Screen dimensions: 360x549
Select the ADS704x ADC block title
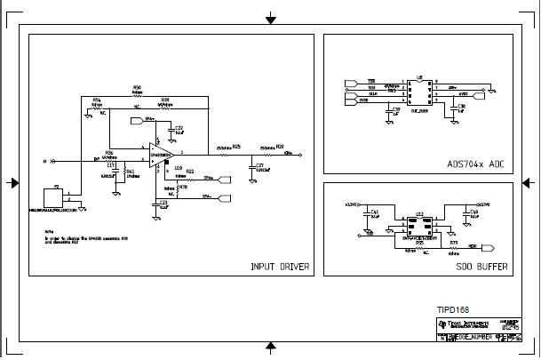(x=476, y=164)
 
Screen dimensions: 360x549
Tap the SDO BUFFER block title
(x=481, y=266)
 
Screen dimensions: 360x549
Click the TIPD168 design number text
(x=453, y=310)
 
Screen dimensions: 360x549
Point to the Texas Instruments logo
(x=442, y=326)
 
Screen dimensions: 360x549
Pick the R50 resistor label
(x=137, y=87)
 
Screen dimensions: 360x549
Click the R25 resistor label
(x=235, y=147)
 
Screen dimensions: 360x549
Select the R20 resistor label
(x=280, y=147)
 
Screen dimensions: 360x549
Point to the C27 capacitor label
(x=259, y=165)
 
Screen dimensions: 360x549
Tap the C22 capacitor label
(x=179, y=127)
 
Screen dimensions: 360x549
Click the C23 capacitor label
(x=162, y=203)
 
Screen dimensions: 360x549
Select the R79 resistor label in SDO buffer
(x=453, y=241)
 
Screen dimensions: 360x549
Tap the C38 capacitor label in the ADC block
(x=461, y=106)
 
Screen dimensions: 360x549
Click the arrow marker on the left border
(x=12, y=182)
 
